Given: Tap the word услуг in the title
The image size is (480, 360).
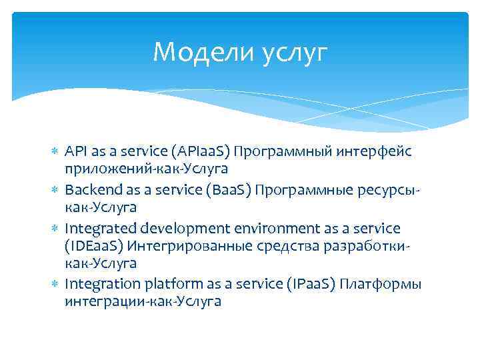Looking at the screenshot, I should tap(295, 53).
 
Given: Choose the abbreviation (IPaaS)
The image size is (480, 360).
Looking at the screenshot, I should tap(309, 285).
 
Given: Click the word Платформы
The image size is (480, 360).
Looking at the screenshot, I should tap(380, 285).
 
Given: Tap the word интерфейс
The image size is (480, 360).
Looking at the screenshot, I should tap(377, 151).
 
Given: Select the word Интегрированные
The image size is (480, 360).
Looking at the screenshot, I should tap(182, 246).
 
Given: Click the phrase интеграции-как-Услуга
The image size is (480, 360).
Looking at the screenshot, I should tap(143, 302).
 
